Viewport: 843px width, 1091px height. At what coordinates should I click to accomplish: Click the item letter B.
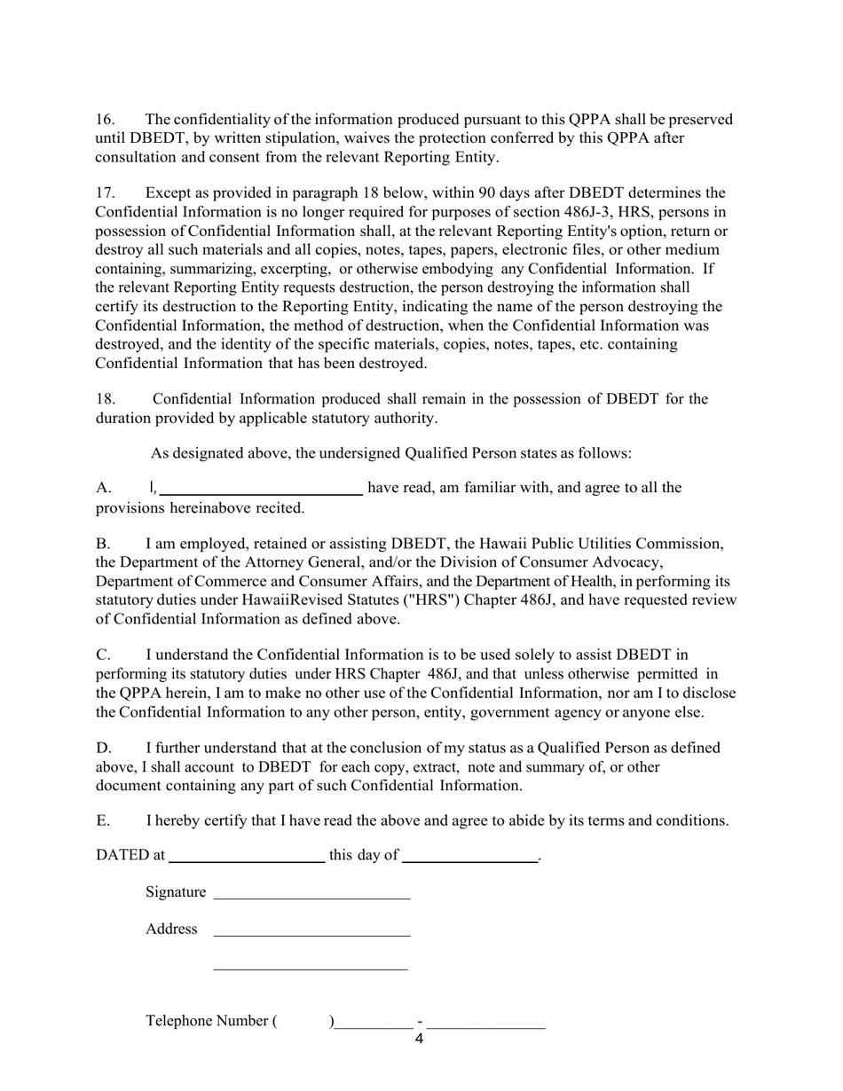[x=103, y=544]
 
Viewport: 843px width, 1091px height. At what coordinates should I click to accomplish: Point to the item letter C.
[x=103, y=655]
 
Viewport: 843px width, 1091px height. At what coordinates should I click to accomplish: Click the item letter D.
[x=103, y=749]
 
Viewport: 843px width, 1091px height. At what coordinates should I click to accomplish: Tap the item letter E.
[x=103, y=821]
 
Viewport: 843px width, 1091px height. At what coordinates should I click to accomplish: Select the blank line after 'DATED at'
[x=246, y=859]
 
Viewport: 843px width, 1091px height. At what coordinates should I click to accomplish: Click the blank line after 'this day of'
[x=469, y=859]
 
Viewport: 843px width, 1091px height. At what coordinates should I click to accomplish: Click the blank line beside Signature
[x=311, y=897]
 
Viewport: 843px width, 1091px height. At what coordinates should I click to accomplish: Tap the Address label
[x=171, y=930]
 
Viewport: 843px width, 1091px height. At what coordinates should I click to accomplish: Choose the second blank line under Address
[x=311, y=969]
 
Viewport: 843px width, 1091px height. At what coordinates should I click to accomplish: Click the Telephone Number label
[x=211, y=1022]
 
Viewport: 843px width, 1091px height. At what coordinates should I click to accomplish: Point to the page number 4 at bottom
[x=419, y=1040]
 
